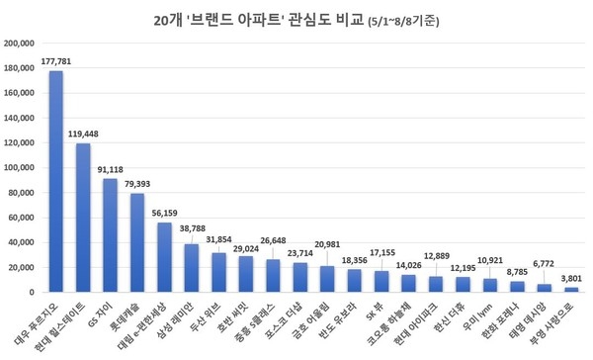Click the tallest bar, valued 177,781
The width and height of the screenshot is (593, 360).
click(x=56, y=182)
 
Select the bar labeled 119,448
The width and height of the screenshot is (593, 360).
click(x=83, y=218)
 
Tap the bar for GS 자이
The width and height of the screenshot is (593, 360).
click(x=111, y=235)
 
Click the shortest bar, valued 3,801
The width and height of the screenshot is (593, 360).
click(x=570, y=290)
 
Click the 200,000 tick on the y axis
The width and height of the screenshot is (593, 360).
click(x=21, y=44)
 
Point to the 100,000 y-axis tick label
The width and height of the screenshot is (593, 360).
click(x=21, y=168)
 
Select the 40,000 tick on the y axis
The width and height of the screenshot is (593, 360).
click(x=24, y=242)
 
